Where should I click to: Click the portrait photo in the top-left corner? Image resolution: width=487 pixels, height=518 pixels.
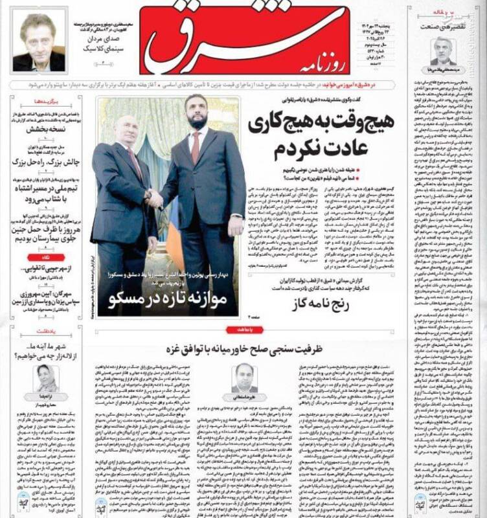coord(38,42)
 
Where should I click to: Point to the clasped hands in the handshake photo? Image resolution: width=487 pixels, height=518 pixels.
coord(153,199)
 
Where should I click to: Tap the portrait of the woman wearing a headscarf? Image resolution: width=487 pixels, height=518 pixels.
coord(47,378)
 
